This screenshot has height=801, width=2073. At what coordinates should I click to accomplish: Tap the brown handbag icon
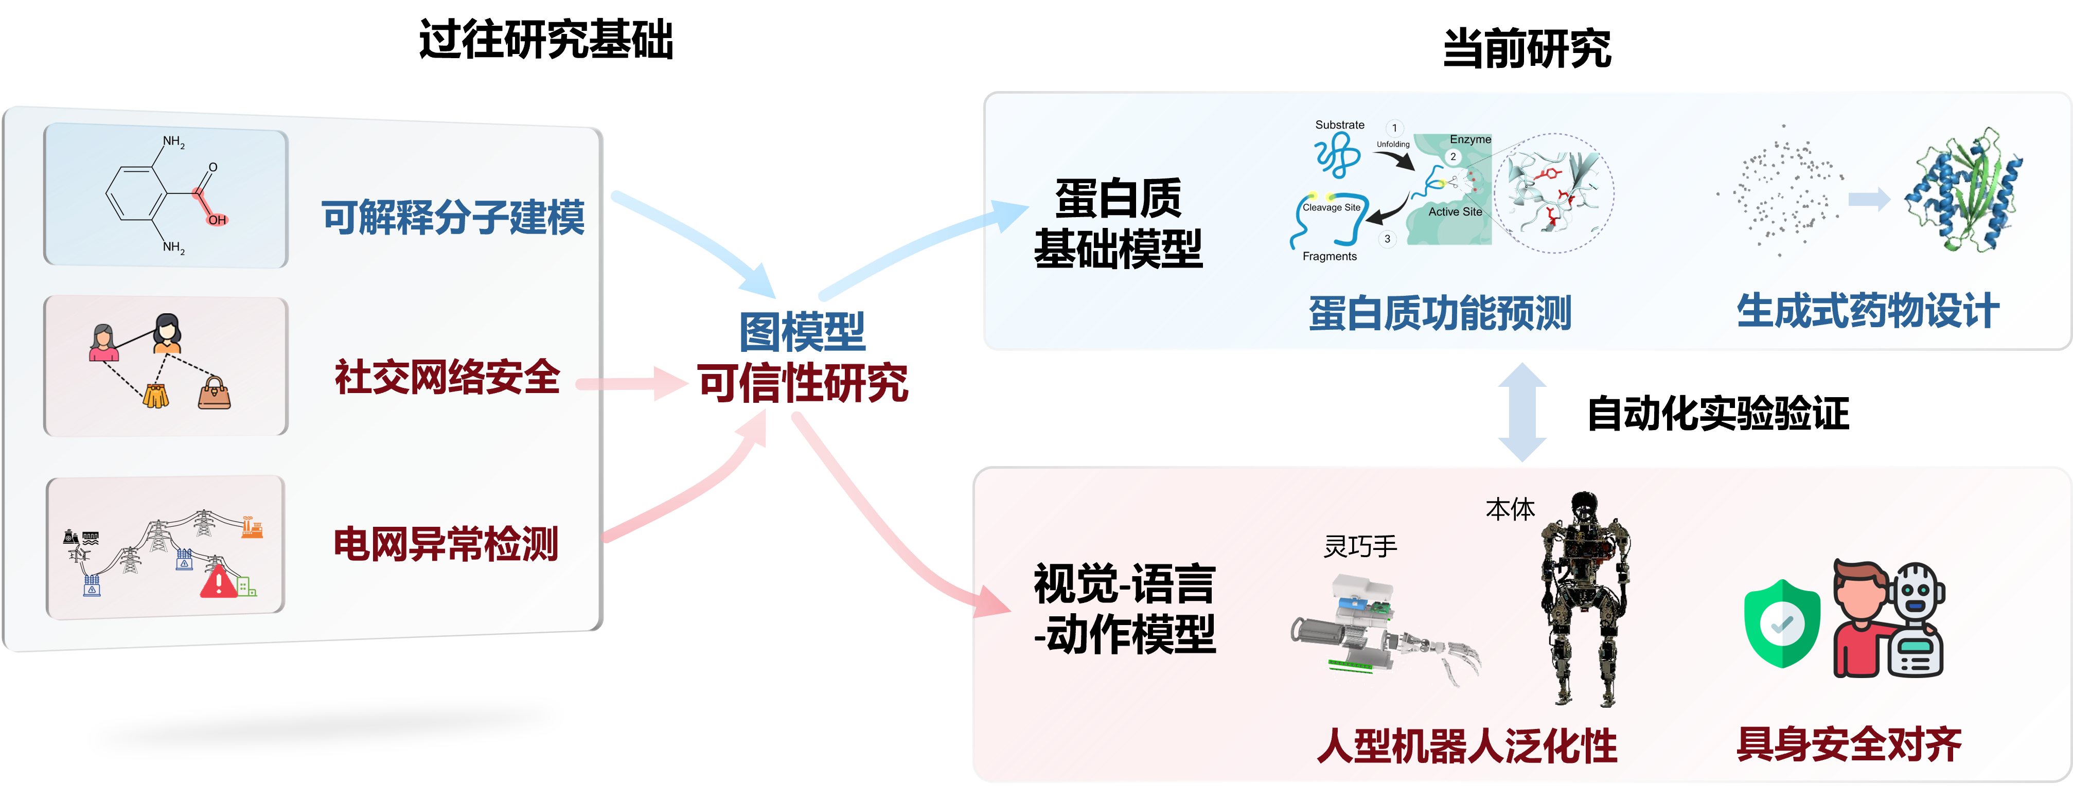coord(214,393)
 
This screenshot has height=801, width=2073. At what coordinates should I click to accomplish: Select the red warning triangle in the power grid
coord(218,582)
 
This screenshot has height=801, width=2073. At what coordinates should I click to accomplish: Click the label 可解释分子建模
coord(453,218)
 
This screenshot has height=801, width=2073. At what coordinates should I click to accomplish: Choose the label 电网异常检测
coord(446,544)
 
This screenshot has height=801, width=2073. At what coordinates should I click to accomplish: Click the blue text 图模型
coord(802,332)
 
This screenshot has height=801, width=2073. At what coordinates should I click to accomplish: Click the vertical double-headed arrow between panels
coord(1522,412)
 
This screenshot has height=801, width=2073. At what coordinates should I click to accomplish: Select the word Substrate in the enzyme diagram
coord(1339,125)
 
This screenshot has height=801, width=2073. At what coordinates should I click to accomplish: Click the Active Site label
coord(1455,212)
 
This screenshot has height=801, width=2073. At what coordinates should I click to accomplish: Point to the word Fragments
coord(1330,256)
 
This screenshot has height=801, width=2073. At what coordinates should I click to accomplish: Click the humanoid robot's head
coord(1584,506)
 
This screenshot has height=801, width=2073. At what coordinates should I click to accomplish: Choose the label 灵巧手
coord(1360,547)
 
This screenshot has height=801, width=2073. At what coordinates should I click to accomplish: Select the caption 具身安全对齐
coord(1849,744)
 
